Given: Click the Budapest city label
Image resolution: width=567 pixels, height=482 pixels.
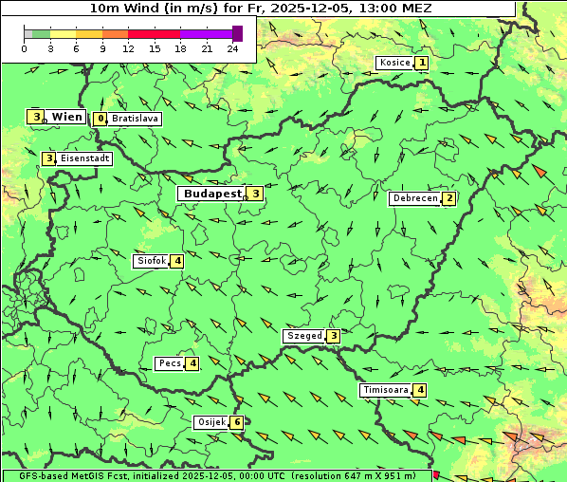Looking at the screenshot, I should coord(213,194).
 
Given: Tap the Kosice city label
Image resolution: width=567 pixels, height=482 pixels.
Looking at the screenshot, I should coord(393,63).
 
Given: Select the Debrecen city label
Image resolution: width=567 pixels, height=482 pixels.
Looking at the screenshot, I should coord(414,198).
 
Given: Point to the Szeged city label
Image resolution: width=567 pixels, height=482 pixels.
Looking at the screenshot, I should coord(303,336).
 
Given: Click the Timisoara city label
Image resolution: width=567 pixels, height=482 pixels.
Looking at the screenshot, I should coord(385,390).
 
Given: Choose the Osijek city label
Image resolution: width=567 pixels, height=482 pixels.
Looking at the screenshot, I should coord(210,422).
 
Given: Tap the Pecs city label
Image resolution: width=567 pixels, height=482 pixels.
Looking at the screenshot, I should coord(170,363).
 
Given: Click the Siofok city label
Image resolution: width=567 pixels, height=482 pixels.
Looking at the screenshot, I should coord(151,260).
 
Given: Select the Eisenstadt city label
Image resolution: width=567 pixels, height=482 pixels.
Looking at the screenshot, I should coord(85,158).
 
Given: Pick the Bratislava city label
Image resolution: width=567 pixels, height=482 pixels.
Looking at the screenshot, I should coord(134,120).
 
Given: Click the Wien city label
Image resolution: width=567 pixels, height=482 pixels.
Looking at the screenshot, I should coord(67,117).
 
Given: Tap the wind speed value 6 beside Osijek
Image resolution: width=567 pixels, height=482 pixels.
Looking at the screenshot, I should coord(237,422).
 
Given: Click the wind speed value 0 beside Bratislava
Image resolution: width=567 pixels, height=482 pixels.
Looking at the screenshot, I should coord(100,120).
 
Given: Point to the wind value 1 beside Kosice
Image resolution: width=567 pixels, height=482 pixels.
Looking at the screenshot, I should coord(421,63).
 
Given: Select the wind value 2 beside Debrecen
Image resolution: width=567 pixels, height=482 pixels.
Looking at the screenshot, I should coord(449,198).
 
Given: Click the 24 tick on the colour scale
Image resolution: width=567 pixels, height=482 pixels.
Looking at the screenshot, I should coord(232,48).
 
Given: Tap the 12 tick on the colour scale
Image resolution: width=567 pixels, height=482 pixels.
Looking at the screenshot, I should coord(128,48).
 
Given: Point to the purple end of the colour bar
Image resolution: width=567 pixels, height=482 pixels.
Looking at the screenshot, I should coord(237,33).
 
